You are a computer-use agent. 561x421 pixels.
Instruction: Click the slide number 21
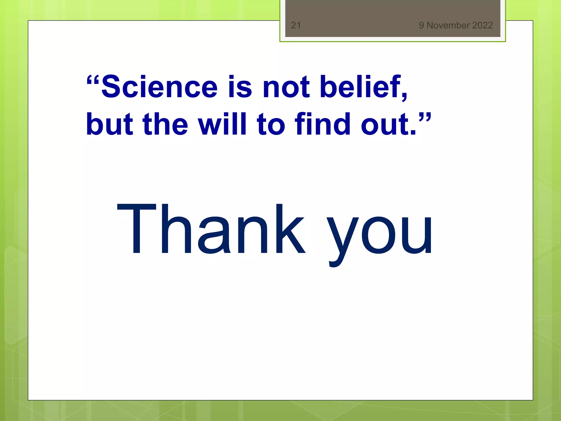click(x=296, y=25)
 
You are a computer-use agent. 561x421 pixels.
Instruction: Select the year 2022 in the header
click(x=483, y=25)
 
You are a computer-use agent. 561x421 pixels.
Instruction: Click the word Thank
click(x=211, y=230)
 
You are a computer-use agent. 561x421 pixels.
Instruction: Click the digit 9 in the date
click(x=421, y=25)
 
